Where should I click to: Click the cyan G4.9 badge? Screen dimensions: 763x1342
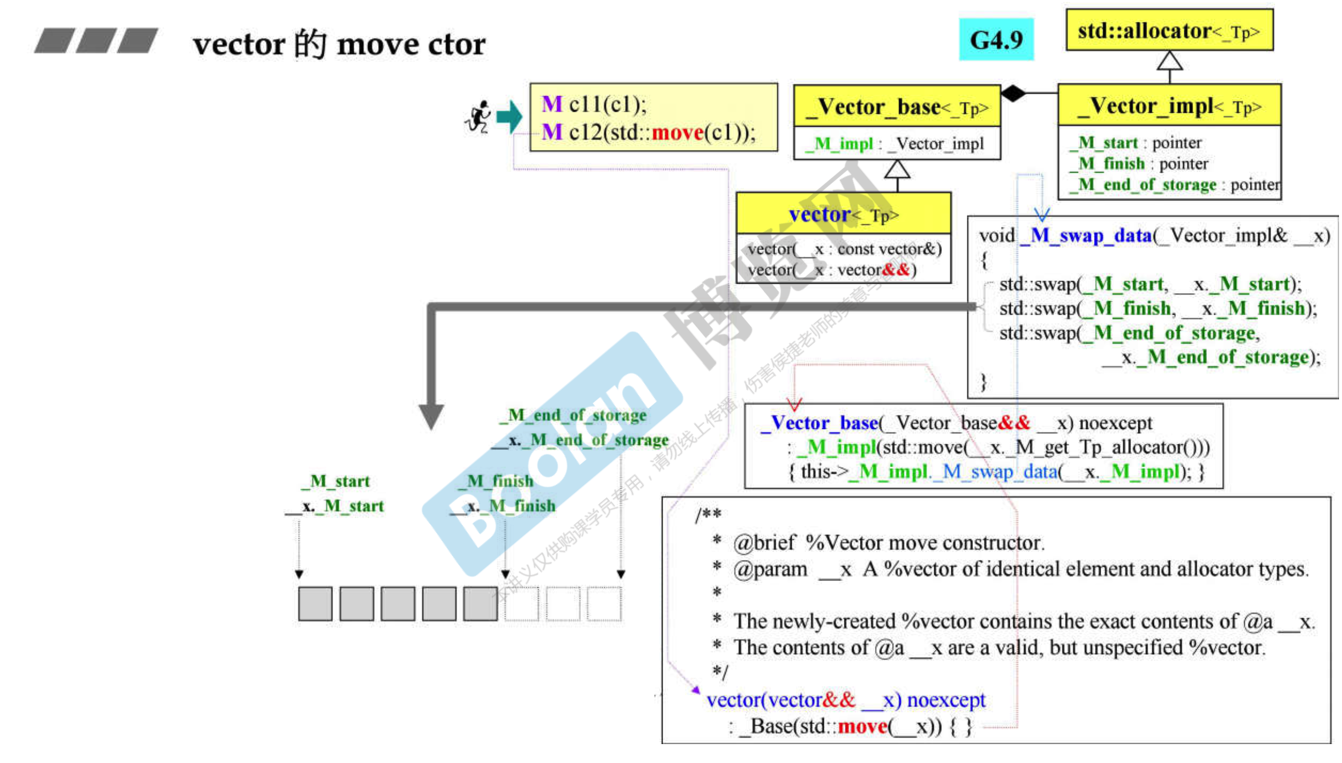[x=995, y=40]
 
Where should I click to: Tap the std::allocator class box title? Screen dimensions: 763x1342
[x=1169, y=31]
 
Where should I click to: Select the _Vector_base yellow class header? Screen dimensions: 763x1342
[x=896, y=107]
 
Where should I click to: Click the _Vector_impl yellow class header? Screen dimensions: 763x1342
[x=1169, y=106]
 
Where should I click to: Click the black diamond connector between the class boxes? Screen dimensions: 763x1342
[x=1013, y=93]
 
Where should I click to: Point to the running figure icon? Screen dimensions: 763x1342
[x=478, y=117]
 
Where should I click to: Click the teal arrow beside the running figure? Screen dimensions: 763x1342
[x=509, y=116]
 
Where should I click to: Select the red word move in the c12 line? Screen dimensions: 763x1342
[x=677, y=133]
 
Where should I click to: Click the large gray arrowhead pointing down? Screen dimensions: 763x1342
[x=432, y=416]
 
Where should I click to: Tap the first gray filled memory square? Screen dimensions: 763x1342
[x=315, y=604]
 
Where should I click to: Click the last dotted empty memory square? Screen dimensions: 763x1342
[x=604, y=604]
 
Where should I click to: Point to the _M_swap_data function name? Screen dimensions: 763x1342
[x=1085, y=236]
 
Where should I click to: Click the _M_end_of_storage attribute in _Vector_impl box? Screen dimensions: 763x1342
[x=1143, y=185]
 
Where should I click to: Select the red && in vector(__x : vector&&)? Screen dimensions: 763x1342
[x=896, y=270]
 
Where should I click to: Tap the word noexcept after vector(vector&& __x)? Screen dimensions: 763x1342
[x=946, y=700]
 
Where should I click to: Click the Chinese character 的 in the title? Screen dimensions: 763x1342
[x=310, y=44]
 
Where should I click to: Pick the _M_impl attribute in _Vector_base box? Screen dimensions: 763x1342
[x=839, y=144]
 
